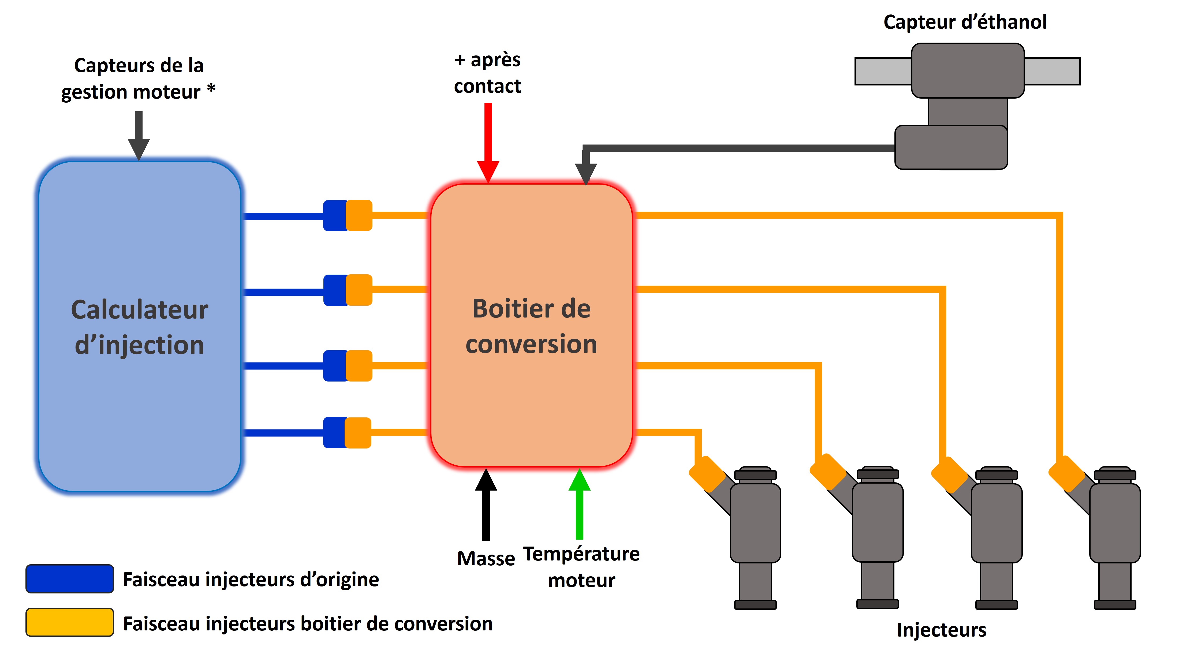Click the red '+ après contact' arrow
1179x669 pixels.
tap(488, 143)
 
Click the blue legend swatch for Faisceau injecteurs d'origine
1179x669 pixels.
tap(69, 578)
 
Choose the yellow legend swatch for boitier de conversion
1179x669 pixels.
tap(69, 622)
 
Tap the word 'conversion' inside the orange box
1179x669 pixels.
tap(531, 344)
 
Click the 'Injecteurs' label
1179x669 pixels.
tap(941, 630)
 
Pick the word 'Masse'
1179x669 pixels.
tap(486, 559)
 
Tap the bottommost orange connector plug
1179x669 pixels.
tap(358, 432)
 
